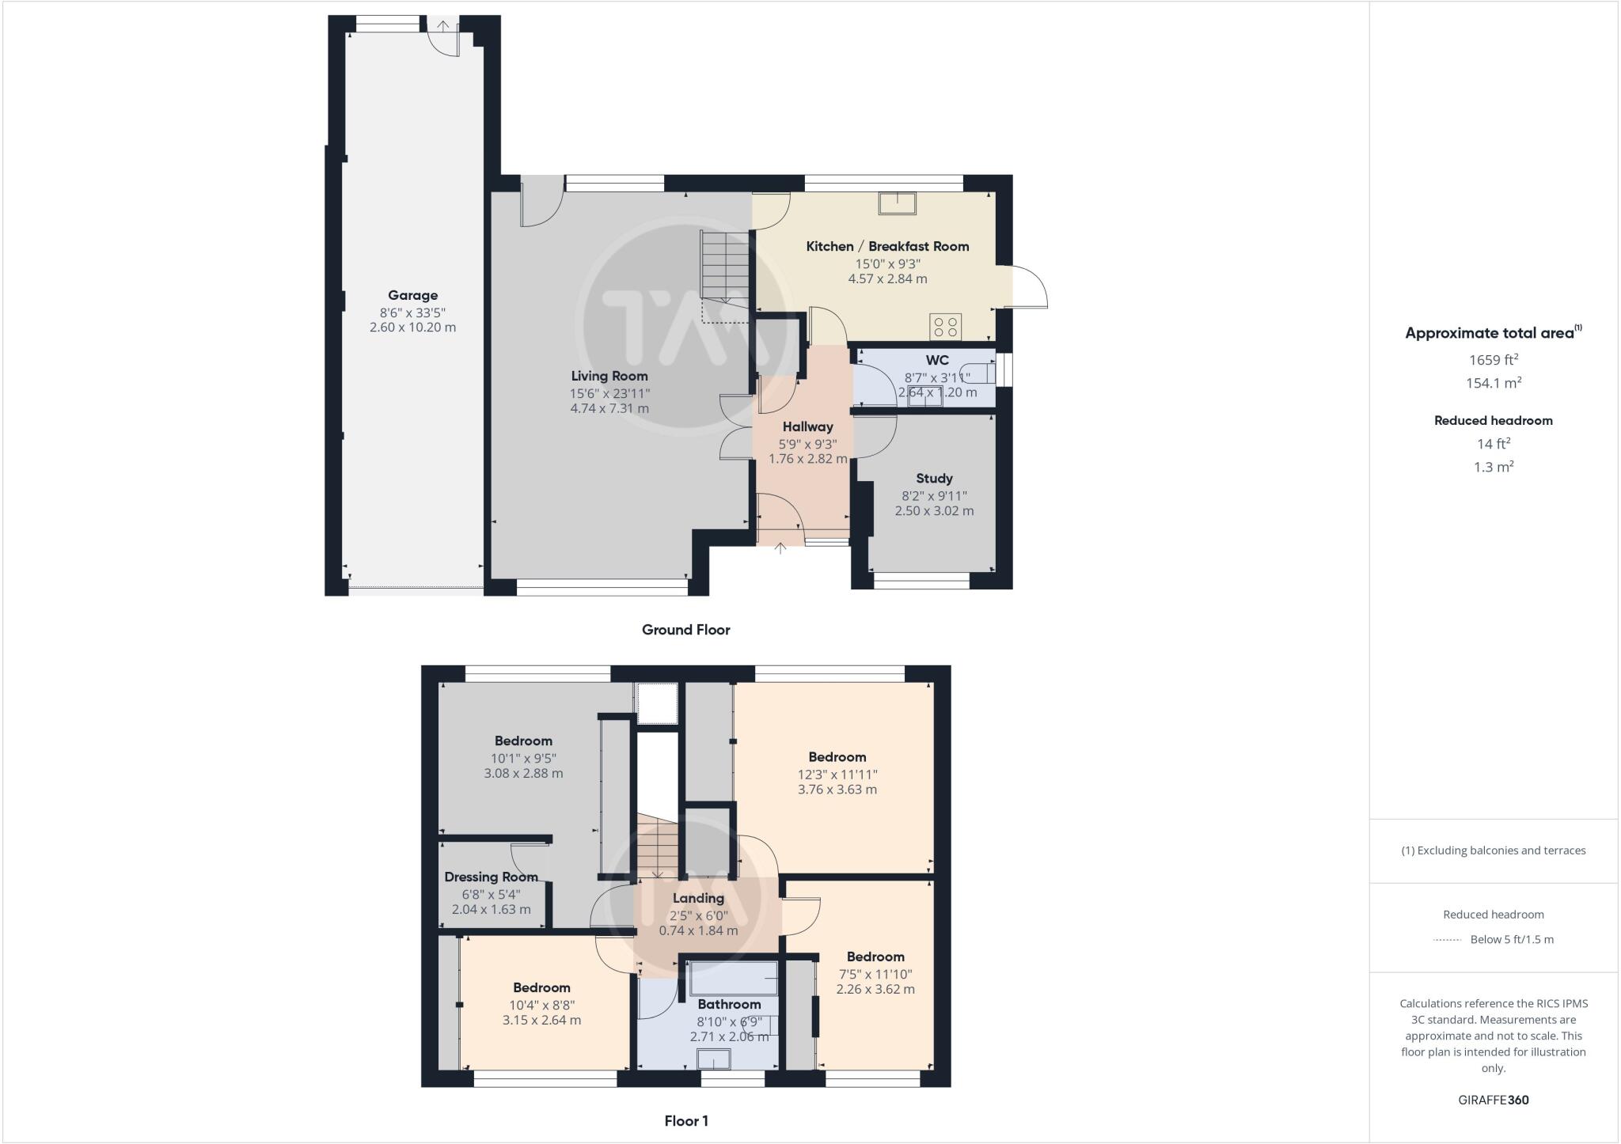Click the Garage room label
(412, 295)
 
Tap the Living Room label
(609, 376)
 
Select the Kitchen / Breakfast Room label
(887, 246)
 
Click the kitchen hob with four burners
(945, 326)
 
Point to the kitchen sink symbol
(897, 203)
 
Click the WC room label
(937, 360)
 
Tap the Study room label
(934, 478)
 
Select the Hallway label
(807, 426)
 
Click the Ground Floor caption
(685, 630)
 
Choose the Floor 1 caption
(686, 1121)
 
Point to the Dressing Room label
(491, 877)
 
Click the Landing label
(698, 898)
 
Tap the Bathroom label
(729, 1004)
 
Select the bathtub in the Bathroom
(733, 979)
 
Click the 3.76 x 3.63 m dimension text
(837, 789)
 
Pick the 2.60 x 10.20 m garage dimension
(412, 327)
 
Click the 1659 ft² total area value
(1494, 360)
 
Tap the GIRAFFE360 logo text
(1494, 1100)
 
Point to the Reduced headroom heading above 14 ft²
(1494, 420)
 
